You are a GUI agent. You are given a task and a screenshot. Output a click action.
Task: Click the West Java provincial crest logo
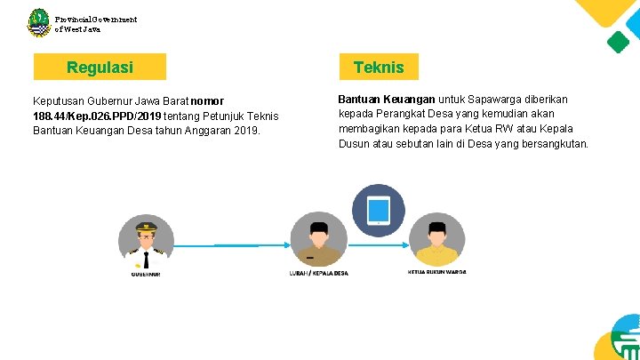tap(38, 22)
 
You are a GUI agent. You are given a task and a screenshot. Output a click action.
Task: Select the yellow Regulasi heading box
tap(100, 68)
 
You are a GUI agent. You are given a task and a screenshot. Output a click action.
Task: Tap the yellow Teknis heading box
tap(379, 67)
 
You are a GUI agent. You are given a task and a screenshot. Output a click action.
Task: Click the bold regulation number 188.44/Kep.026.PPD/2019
tap(95, 116)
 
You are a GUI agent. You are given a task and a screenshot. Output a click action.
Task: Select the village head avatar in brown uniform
tap(317, 240)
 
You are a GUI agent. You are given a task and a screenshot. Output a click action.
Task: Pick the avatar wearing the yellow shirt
tap(436, 240)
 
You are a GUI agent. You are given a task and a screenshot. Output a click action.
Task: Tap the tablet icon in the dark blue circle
tap(379, 211)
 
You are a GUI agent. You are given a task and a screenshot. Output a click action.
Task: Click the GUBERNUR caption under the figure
tap(146, 274)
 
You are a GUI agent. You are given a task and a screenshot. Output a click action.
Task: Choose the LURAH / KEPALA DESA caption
tap(318, 272)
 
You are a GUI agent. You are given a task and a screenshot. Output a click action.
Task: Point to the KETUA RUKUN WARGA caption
tap(436, 271)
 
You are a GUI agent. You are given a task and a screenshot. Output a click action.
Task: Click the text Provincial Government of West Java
tap(95, 23)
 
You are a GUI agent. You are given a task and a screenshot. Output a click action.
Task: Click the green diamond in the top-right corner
tap(617, 41)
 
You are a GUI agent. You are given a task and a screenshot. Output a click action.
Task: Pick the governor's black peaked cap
tap(146, 227)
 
